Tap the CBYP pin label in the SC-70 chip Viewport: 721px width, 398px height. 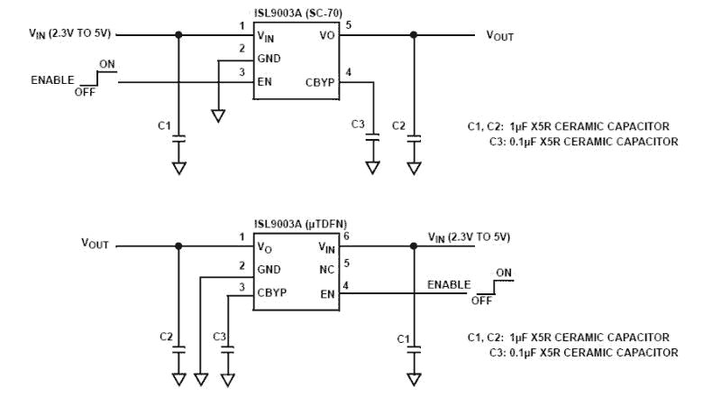point(320,81)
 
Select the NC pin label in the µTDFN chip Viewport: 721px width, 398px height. point(327,270)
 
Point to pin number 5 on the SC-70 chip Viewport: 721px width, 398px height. point(348,25)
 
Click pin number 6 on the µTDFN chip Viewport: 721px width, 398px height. point(348,236)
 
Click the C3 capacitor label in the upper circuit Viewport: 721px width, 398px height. point(358,124)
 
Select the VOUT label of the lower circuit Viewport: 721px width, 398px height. point(96,244)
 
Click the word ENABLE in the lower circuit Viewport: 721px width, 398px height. point(449,285)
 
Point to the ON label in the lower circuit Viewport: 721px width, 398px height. point(503,273)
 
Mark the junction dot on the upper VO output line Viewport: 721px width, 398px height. point(414,35)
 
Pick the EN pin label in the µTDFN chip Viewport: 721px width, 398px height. point(327,292)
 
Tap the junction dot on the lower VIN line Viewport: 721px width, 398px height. point(414,245)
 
